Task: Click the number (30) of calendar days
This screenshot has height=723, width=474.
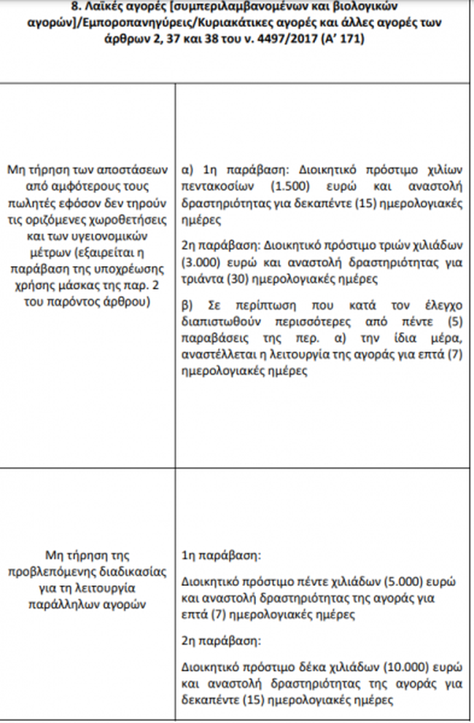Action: (x=238, y=278)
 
